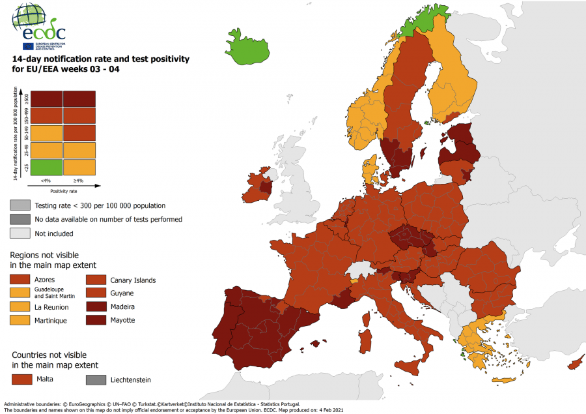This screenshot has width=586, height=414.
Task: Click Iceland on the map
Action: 249,48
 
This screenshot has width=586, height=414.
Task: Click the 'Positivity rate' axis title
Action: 63,191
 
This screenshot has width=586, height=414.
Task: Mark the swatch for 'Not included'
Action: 20,233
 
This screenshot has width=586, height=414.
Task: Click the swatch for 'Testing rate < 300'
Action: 20,205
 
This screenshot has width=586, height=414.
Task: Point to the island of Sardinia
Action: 367,340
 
